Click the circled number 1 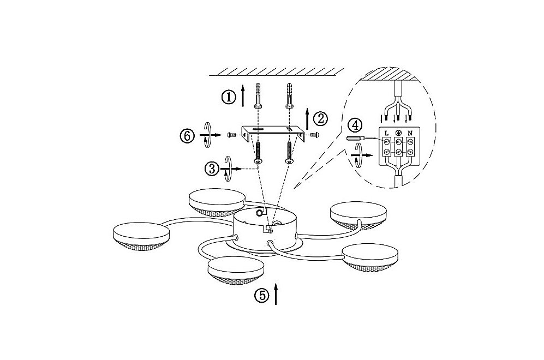(x=229, y=97)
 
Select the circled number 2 (x=320, y=119)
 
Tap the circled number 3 (x=212, y=169)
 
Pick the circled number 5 (x=262, y=296)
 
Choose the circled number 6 (x=187, y=136)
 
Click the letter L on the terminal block (x=386, y=133)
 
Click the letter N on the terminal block (x=410, y=133)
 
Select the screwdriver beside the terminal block (x=361, y=139)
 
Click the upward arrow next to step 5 (x=276, y=293)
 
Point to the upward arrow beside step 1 (x=243, y=95)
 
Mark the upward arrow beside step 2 (x=307, y=119)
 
